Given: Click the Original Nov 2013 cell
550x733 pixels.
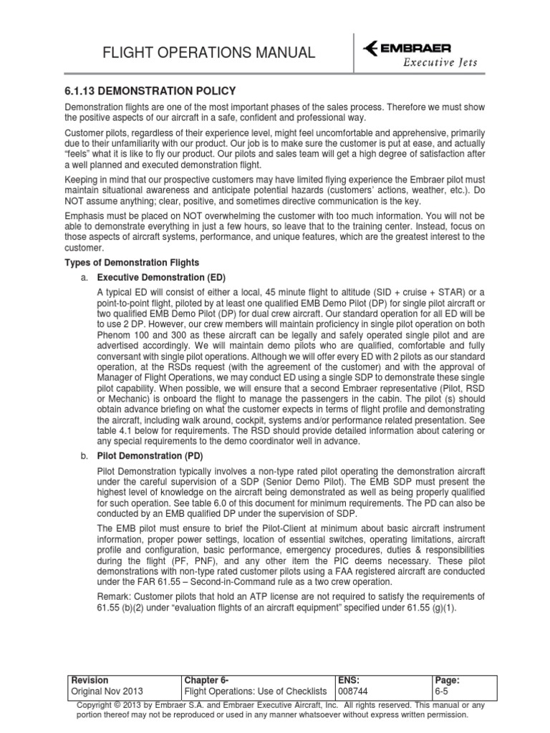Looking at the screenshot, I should pyautogui.click(x=106, y=691).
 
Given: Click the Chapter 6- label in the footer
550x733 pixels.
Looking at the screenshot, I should pyautogui.click(x=207, y=679).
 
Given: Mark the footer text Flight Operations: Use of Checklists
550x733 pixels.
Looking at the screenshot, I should pyautogui.click(x=256, y=691).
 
